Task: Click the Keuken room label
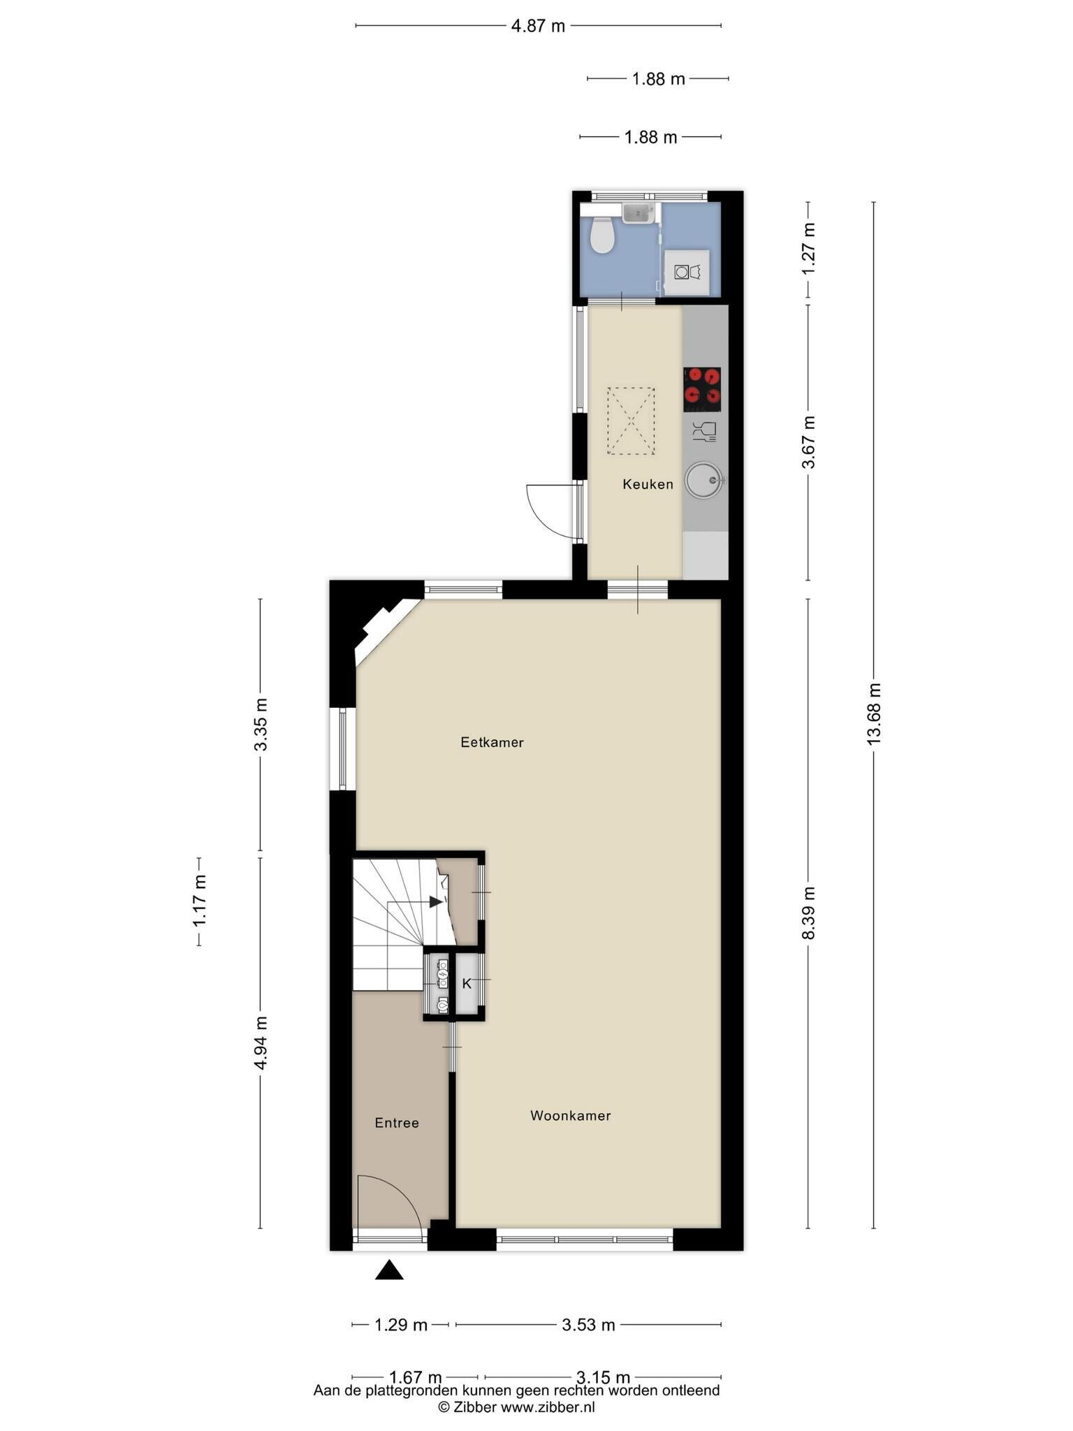[x=648, y=484]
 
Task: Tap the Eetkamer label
[x=492, y=742]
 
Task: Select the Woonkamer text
[x=570, y=1116]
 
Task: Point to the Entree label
[x=397, y=1123]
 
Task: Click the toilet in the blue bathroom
[x=601, y=235]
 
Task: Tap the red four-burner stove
[x=701, y=389]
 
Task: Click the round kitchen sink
[x=703, y=480]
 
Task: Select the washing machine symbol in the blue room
[x=686, y=272]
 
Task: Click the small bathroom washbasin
[x=638, y=213]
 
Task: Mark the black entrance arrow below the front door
[x=389, y=1270]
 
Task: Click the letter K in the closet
[x=467, y=984]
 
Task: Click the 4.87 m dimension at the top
[x=538, y=27]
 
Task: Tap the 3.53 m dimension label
[x=588, y=1324]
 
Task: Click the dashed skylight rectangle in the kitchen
[x=631, y=421]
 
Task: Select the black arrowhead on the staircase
[x=436, y=901]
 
